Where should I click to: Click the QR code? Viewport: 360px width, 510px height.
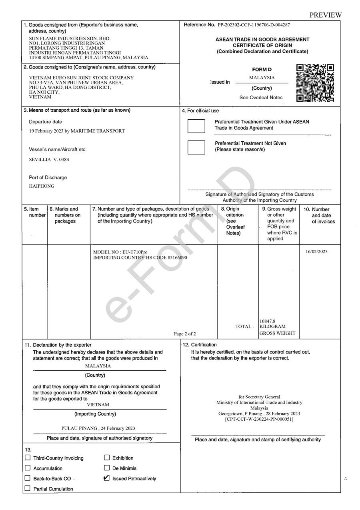coord(315,83)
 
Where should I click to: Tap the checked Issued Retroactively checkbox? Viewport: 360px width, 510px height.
coord(106,478)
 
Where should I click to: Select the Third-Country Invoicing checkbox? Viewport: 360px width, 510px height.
coord(28,458)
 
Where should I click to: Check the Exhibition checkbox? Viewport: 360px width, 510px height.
coord(107,458)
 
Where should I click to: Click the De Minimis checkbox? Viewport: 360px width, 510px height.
coord(107,468)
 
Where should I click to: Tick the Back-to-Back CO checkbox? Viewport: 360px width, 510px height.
coord(28,478)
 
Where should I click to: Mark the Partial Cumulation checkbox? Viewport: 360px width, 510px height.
coord(28,488)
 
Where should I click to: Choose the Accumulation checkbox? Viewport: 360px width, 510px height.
coord(28,468)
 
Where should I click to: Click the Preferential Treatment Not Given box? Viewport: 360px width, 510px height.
coord(196,147)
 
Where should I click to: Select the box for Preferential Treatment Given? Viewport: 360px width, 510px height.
coord(196,125)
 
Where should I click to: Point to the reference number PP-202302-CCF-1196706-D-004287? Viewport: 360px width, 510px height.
coord(254,25)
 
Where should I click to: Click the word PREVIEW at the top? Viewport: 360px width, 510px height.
coord(326,15)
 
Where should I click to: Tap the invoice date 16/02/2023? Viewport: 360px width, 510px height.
coord(316,251)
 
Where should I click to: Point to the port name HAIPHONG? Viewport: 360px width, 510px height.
coord(42,186)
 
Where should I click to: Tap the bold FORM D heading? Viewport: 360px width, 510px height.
coord(262,69)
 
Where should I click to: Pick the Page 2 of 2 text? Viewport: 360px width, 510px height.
coord(185,333)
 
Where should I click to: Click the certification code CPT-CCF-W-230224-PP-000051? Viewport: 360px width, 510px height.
coord(259,419)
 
